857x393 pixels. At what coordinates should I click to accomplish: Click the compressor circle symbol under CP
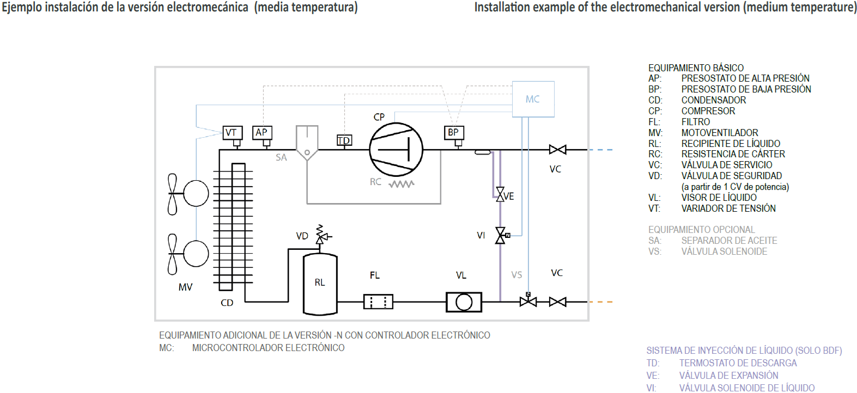(x=396, y=150)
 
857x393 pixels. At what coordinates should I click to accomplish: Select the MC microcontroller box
(x=533, y=99)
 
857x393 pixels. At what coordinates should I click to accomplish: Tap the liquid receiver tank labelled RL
(x=320, y=284)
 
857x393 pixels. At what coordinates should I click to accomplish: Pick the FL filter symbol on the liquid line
(x=378, y=302)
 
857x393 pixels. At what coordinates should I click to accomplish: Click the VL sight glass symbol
(x=464, y=302)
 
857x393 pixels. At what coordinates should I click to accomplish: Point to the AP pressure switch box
(x=262, y=132)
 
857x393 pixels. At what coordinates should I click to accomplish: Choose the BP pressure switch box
(x=453, y=132)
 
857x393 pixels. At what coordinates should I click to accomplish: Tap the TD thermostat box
(x=344, y=140)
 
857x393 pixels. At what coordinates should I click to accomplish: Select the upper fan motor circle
(x=196, y=193)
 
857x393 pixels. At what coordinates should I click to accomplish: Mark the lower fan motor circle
(x=196, y=254)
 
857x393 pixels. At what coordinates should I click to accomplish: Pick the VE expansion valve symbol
(x=500, y=194)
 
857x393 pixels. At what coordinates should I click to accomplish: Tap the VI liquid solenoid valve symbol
(x=500, y=236)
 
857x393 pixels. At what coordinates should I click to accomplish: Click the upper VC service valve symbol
(x=557, y=150)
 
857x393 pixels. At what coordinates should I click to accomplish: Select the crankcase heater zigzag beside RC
(x=402, y=184)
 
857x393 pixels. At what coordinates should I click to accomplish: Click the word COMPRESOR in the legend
(x=708, y=111)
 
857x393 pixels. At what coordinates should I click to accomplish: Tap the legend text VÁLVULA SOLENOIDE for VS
(x=724, y=251)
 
